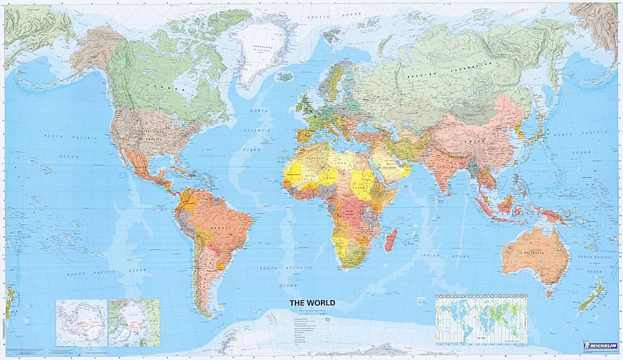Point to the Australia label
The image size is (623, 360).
point(533,252)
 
